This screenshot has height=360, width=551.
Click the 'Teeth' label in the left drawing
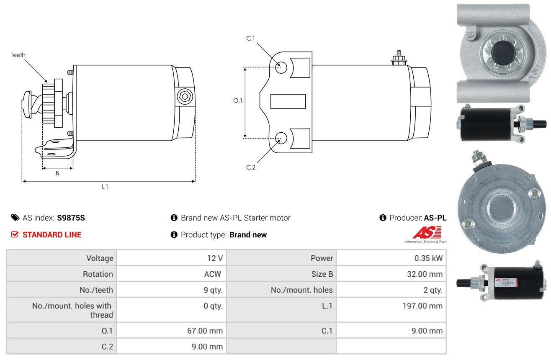(18, 55)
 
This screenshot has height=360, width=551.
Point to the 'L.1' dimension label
(105, 187)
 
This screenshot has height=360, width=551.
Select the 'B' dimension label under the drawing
(57, 173)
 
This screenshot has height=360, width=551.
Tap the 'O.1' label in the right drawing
(238, 100)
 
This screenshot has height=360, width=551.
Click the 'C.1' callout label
(250, 39)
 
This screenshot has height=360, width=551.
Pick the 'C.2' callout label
(251, 167)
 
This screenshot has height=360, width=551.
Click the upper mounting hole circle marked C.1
(281, 67)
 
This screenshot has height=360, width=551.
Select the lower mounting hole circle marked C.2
(281, 138)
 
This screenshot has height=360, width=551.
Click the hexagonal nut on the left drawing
(185, 97)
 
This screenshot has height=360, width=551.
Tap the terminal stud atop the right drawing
(399, 58)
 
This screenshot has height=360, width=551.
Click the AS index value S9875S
(71, 218)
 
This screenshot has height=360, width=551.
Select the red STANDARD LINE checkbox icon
(15, 234)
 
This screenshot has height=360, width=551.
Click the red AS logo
(427, 232)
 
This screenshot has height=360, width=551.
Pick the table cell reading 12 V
(215, 258)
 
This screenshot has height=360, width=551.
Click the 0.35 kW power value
(428, 258)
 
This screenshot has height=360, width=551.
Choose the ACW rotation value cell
(213, 274)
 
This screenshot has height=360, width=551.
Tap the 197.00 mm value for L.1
(422, 306)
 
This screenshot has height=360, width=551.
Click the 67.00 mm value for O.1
(205, 331)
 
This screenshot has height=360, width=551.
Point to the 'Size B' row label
(322, 274)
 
